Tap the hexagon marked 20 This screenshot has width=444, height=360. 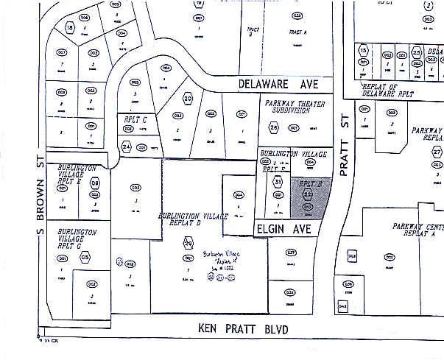(188, 99)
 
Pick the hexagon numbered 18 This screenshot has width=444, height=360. (71, 28)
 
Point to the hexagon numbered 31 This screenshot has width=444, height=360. (278, 181)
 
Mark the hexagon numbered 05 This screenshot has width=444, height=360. (85, 257)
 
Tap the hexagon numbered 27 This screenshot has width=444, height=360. (437, 152)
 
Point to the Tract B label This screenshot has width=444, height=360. (252, 31)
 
